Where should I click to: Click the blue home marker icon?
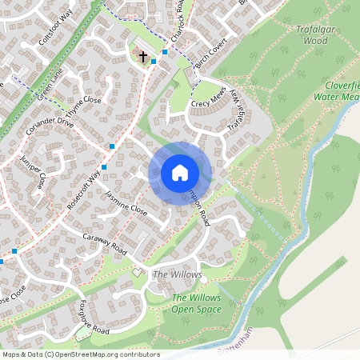click(x=180, y=173)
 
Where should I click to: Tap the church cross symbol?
click(x=143, y=56)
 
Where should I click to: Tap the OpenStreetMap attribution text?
click(x=82, y=354)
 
